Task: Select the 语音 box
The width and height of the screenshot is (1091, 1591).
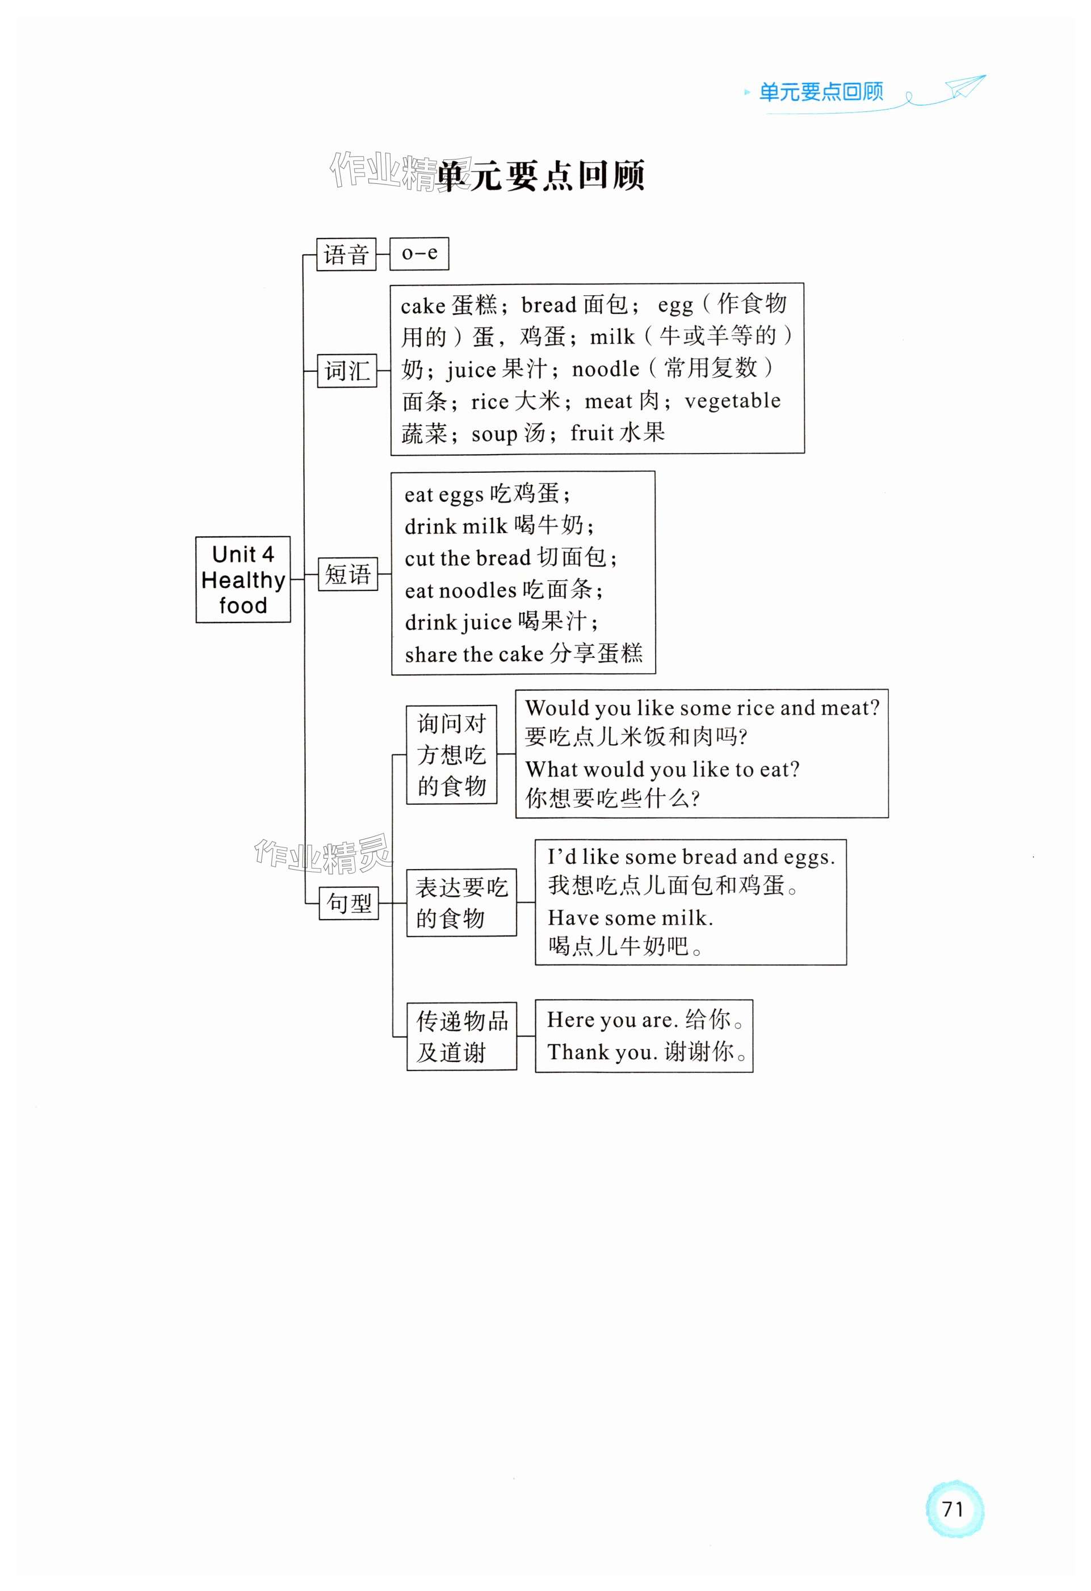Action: click(x=346, y=255)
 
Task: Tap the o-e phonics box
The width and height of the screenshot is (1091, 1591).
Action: click(x=419, y=253)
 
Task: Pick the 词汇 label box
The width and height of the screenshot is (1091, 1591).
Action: click(x=347, y=371)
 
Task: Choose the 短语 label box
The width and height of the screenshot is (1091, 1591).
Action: click(x=348, y=574)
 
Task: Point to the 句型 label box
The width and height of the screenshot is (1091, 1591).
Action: click(x=349, y=903)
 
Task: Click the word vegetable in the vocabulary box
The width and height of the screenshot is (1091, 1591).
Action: click(x=732, y=401)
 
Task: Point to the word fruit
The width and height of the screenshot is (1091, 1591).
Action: click(x=591, y=433)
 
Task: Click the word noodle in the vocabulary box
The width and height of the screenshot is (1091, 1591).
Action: click(x=605, y=370)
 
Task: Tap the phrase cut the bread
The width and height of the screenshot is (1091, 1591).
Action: click(x=468, y=558)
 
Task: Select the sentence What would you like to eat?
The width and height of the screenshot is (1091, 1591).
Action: click(x=662, y=770)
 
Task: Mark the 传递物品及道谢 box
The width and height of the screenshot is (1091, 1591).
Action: click(x=461, y=1036)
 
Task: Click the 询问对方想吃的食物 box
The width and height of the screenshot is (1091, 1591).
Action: click(x=451, y=754)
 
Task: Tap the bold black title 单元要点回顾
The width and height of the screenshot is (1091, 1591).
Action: click(x=541, y=176)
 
